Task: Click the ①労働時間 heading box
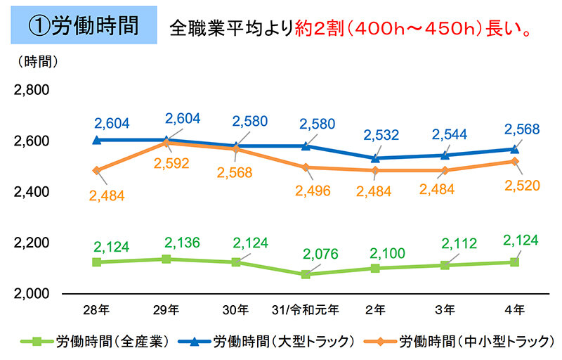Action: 83,27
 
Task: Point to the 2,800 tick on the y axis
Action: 30,90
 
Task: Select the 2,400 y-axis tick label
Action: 30,192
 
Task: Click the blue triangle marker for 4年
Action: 514,149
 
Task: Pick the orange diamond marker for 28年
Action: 96,170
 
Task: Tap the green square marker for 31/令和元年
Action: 305,274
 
